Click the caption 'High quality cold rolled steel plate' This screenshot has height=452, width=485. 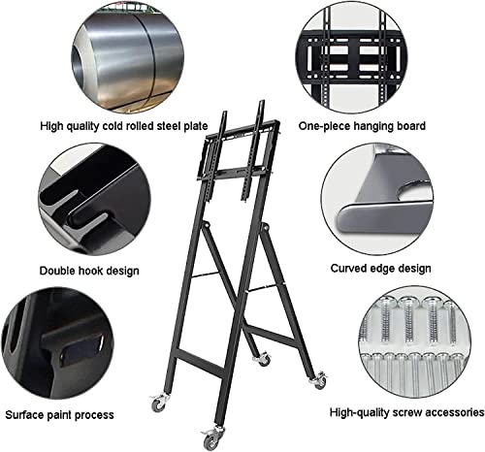(124, 126)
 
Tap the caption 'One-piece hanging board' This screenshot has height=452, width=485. (362, 126)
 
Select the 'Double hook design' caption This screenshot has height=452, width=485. (89, 271)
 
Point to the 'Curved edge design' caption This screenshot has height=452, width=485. (380, 269)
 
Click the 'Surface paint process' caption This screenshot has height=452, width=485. (59, 415)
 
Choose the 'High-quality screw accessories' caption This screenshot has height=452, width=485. (406, 412)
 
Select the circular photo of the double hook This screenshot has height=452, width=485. (94, 200)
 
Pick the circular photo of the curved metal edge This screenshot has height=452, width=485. (377, 199)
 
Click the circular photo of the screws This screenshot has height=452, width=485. (415, 341)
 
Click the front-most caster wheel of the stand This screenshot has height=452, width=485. (211, 439)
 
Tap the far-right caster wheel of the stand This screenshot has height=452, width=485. (318, 380)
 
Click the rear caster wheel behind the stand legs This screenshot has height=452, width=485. (263, 358)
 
